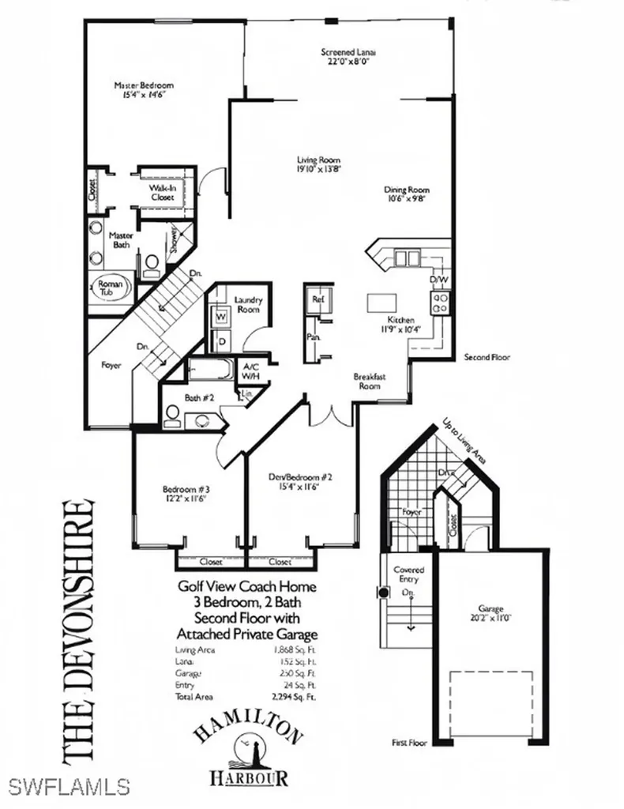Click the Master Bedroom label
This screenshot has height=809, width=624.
[143, 85]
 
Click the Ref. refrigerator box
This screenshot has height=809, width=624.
[318, 299]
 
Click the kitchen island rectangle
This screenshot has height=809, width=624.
[381, 303]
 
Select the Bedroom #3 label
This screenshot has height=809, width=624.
[186, 487]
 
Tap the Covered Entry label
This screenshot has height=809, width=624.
[408, 574]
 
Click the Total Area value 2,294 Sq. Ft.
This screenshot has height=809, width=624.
[294, 698]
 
